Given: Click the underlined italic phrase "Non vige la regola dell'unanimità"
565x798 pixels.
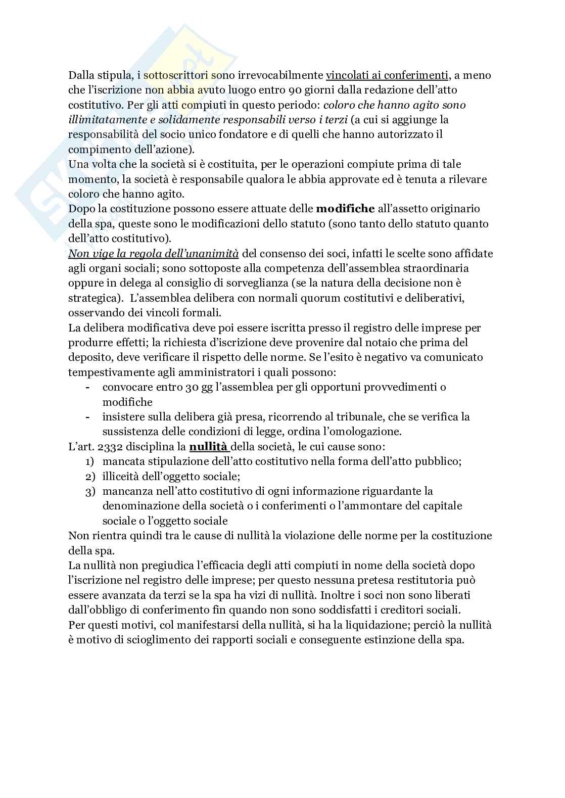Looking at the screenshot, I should pos(154,254).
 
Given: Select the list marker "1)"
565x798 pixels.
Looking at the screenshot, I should pos(90,462).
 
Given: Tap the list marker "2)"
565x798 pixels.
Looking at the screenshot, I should pos(90,477).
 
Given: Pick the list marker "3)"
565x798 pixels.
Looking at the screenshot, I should pos(90,491).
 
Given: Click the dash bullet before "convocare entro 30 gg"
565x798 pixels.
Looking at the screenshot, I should pos(88,388).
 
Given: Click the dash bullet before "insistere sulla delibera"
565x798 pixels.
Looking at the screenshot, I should pos(88,417).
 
